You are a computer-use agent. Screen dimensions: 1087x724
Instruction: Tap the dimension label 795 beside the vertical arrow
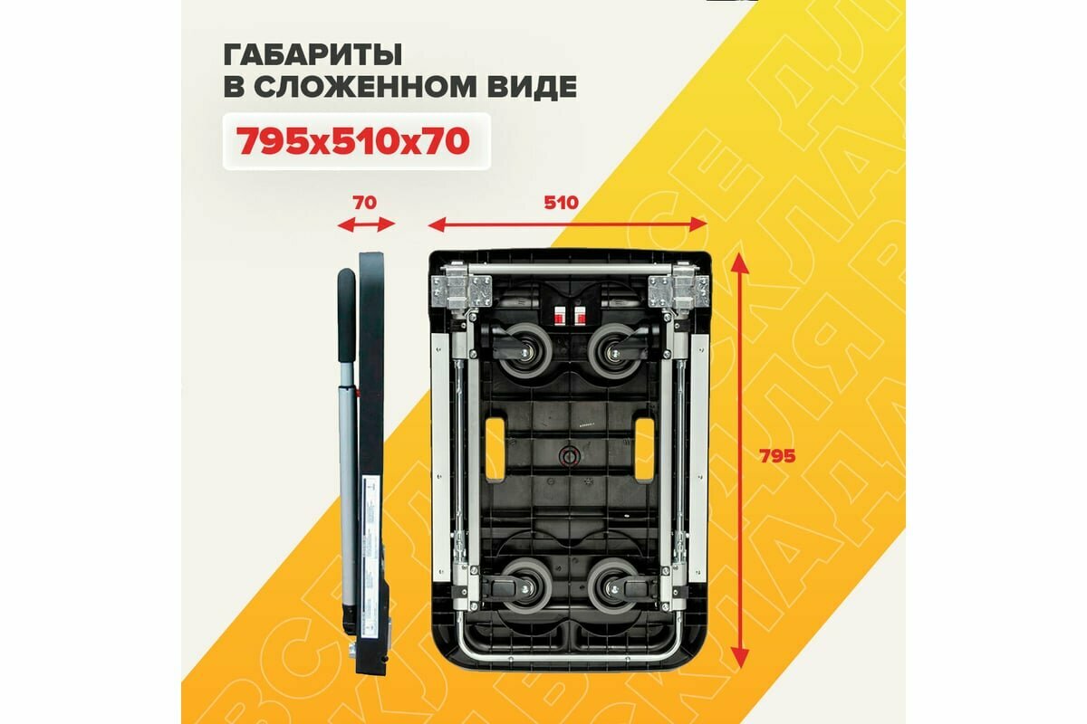click(x=777, y=456)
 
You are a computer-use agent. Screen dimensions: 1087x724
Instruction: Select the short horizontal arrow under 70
click(x=366, y=224)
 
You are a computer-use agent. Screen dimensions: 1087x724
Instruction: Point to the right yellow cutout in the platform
click(x=641, y=448)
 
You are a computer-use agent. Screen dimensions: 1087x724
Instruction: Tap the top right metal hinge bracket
click(x=676, y=289)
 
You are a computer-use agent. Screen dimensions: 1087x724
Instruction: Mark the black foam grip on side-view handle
click(x=347, y=312)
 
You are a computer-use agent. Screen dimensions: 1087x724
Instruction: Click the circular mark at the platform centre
click(x=569, y=457)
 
